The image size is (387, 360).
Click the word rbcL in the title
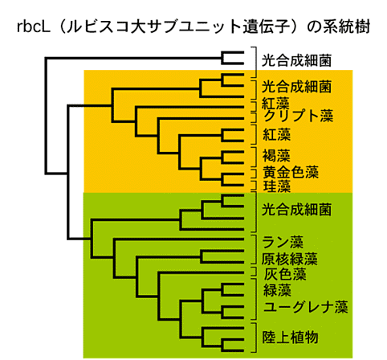point(34,27)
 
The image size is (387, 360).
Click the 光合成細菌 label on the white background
point(296,60)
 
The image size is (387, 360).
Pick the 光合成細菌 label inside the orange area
point(296,87)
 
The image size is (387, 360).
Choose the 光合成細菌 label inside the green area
point(296,210)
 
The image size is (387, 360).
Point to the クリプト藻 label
point(299,116)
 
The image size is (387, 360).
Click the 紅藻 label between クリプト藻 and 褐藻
point(276,134)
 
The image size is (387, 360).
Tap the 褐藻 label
point(276,156)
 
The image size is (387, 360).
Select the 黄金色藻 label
point(291,172)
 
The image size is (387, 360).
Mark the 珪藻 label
point(276,186)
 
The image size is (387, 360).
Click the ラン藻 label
point(283,243)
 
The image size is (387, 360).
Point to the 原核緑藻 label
point(290,259)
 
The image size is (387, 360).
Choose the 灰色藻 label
point(285,274)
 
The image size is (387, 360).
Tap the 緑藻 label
point(277,290)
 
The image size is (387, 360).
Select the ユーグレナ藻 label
point(306,307)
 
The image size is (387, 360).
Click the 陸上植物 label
point(290,337)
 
